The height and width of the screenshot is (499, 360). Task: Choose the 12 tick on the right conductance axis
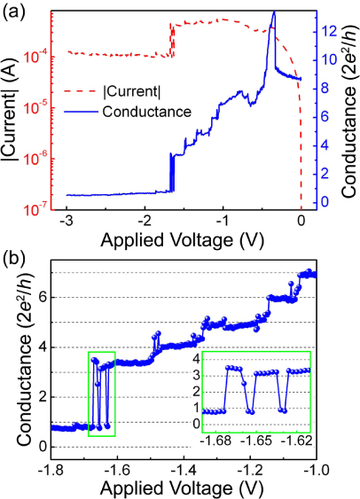pos(325,31)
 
